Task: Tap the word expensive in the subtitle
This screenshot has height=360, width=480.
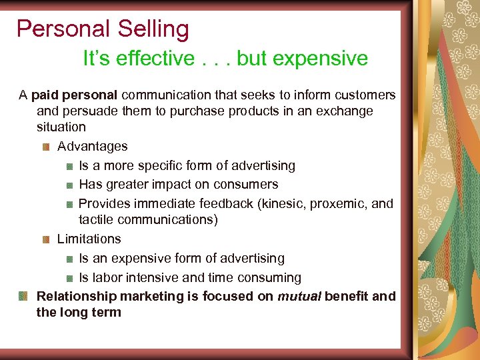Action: (x=317, y=59)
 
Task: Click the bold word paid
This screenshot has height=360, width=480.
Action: (x=45, y=95)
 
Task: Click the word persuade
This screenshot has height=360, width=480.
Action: (x=91, y=111)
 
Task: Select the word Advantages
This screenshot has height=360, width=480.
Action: (x=92, y=146)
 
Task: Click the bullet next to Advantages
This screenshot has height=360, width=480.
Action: (x=47, y=146)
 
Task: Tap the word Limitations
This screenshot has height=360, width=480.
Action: (x=89, y=239)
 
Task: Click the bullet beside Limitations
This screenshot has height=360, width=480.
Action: (x=47, y=239)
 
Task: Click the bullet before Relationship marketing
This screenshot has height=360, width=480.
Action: (x=23, y=295)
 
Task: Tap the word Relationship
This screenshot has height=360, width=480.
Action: (x=77, y=296)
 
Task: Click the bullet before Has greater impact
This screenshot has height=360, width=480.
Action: (x=69, y=185)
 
